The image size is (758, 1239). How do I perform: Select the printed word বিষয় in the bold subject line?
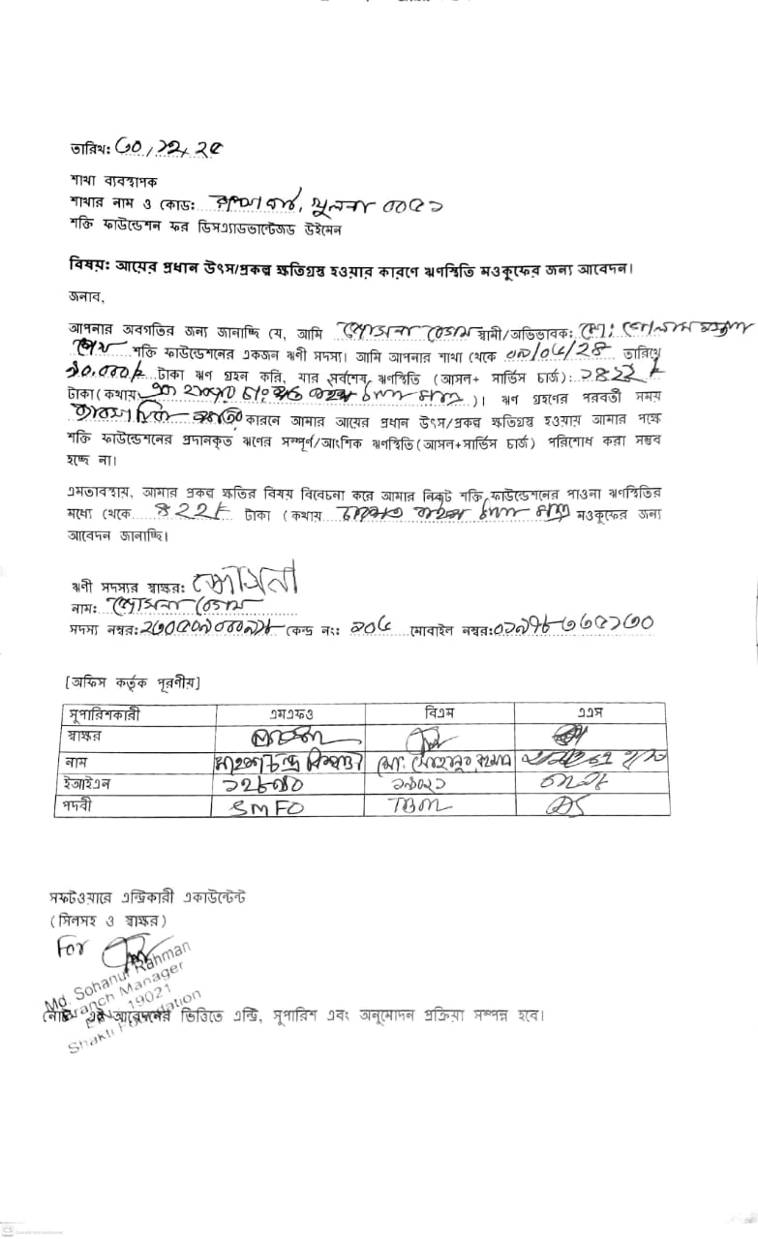[88, 265]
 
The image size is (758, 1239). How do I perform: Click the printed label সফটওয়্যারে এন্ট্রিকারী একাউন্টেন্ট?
[147, 896]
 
